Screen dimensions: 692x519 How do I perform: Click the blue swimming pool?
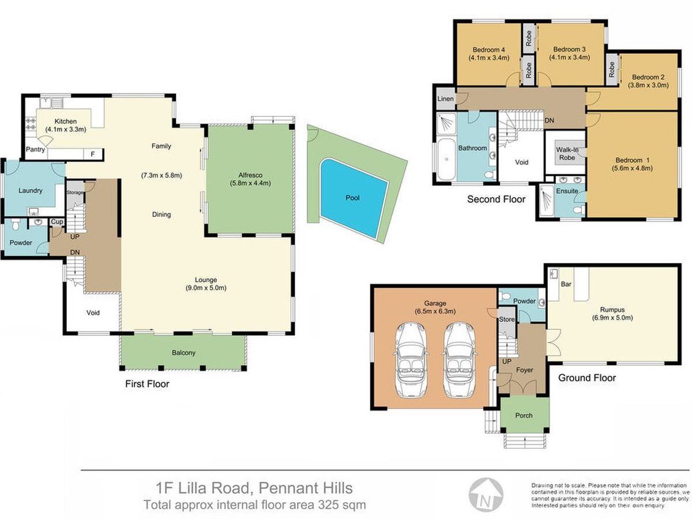click(x=353, y=198)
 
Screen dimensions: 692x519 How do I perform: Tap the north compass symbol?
click(x=486, y=494)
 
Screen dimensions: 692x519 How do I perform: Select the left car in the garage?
click(x=411, y=359)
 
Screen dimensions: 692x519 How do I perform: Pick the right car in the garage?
click(x=460, y=359)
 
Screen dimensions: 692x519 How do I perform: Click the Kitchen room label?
click(x=66, y=121)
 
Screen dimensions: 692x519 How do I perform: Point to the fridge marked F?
click(x=93, y=154)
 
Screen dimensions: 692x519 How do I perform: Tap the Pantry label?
click(x=35, y=149)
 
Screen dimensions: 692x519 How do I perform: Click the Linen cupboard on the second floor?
click(x=446, y=99)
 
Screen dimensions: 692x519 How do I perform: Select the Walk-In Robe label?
click(x=567, y=154)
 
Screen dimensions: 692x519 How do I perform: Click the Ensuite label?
click(x=567, y=191)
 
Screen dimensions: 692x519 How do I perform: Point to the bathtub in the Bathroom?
click(x=446, y=160)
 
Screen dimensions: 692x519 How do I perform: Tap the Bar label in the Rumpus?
click(x=566, y=284)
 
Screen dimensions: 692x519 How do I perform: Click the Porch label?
click(x=524, y=415)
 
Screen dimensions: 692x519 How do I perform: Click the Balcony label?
click(x=183, y=352)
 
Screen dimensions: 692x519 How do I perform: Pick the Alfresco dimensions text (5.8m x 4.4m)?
click(x=250, y=183)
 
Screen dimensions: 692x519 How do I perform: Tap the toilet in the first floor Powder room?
click(x=15, y=225)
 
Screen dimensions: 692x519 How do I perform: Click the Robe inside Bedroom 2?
click(x=612, y=69)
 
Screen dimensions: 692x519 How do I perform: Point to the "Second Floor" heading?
click(x=496, y=199)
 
